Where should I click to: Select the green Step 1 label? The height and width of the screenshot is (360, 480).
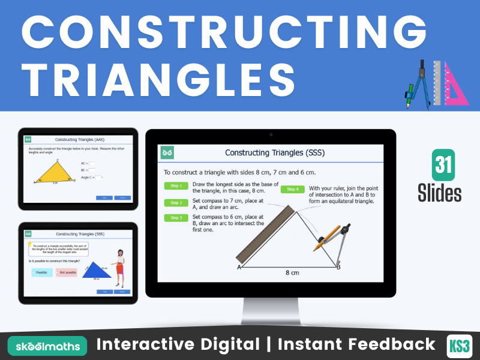[x=176, y=186]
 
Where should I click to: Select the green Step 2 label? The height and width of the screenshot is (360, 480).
[x=176, y=202]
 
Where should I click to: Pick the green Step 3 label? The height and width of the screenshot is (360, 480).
[x=176, y=218]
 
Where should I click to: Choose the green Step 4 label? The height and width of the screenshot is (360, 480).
[x=292, y=189]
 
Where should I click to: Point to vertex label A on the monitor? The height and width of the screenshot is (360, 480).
[x=239, y=268]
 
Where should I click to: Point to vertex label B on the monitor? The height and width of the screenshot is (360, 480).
[x=338, y=267]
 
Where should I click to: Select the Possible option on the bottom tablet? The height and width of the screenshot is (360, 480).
[x=43, y=272]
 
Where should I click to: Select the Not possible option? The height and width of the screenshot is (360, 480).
[x=67, y=272]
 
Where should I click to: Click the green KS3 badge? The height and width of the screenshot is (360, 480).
[x=460, y=345]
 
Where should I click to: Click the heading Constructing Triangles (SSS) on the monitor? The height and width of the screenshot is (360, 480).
[x=274, y=152]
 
